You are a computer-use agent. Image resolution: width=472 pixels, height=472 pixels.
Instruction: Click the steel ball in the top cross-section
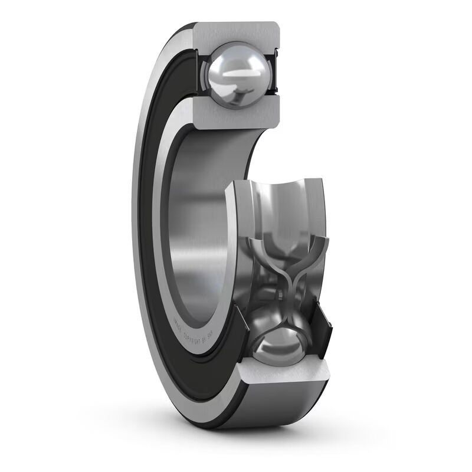coord(235,75)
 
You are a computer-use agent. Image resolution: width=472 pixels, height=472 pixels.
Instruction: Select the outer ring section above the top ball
coord(236,32)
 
